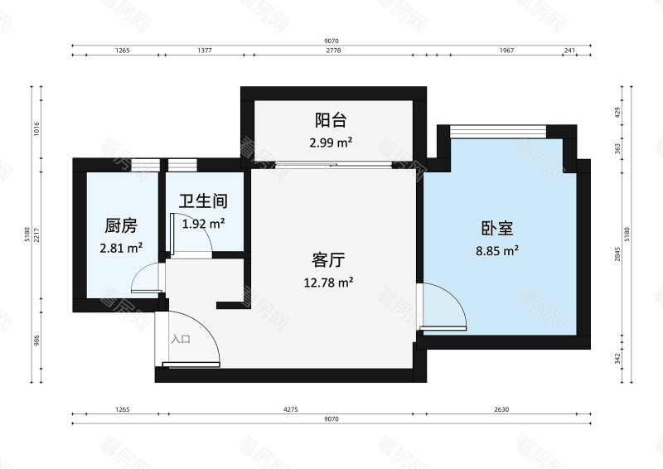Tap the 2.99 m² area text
[331, 143]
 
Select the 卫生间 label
[203, 201]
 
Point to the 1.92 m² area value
[203, 223]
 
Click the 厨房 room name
[121, 226]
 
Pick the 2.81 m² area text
[121, 247]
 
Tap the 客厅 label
[328, 260]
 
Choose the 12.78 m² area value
[328, 282]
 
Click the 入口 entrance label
[181, 339]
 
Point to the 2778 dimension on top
[333, 51]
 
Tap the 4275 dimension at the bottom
[290, 409]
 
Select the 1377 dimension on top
[205, 51]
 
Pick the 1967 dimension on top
[506, 51]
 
